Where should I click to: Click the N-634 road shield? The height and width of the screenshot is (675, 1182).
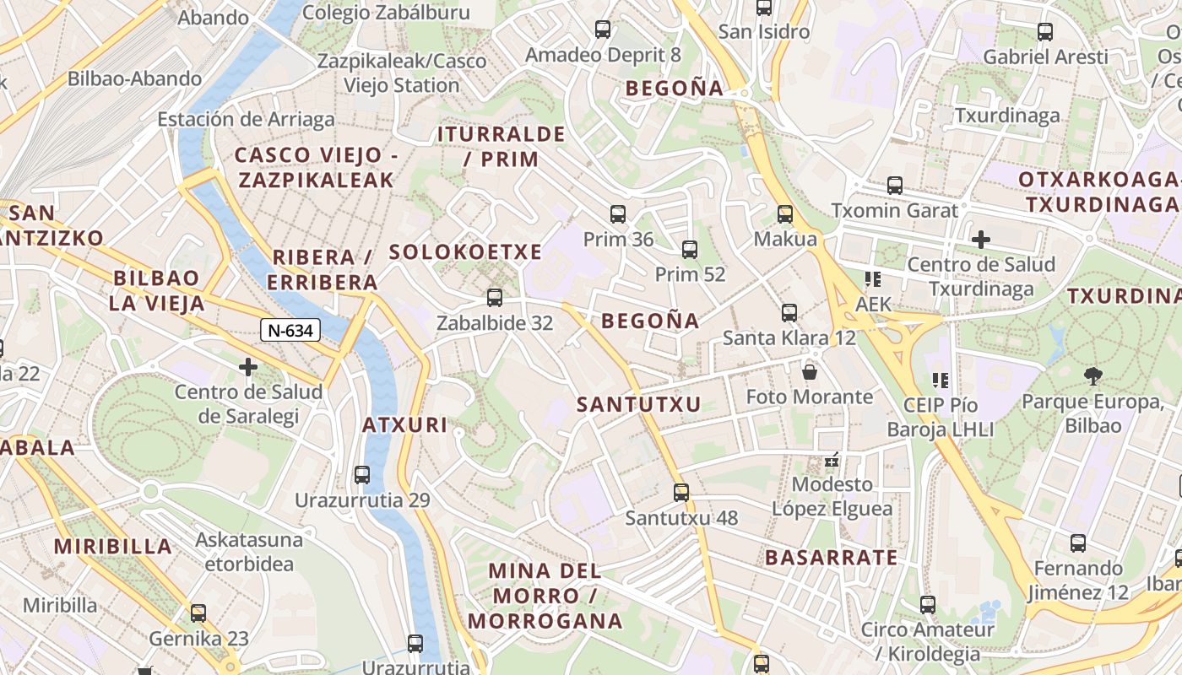pyautogui.click(x=290, y=330)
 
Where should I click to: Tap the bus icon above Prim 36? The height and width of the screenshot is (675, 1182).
pyautogui.click(x=618, y=214)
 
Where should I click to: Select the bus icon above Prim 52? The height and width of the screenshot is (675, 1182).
pyautogui.click(x=690, y=250)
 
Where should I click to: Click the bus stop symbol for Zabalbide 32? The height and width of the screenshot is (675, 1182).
pyautogui.click(x=495, y=298)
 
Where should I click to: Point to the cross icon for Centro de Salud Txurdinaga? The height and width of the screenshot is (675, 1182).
pyautogui.click(x=980, y=240)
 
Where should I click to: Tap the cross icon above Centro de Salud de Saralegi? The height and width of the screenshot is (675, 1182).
pyautogui.click(x=248, y=367)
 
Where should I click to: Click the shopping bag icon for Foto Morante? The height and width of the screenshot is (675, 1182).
pyautogui.click(x=810, y=371)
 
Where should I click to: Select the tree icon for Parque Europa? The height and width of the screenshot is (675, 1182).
pyautogui.click(x=1093, y=375)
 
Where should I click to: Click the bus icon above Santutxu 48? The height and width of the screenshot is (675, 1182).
pyautogui.click(x=681, y=493)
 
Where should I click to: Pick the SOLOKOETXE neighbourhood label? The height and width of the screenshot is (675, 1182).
pyautogui.click(x=465, y=251)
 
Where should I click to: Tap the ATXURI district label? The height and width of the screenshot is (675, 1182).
pyautogui.click(x=405, y=424)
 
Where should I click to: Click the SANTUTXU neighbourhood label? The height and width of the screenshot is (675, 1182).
pyautogui.click(x=639, y=405)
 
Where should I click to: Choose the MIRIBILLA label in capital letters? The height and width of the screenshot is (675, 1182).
pyautogui.click(x=113, y=546)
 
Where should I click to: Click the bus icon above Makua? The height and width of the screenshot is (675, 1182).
pyautogui.click(x=785, y=214)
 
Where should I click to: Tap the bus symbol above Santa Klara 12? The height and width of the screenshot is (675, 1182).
pyautogui.click(x=789, y=313)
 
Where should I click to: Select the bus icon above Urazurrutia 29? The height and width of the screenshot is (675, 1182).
pyautogui.click(x=362, y=475)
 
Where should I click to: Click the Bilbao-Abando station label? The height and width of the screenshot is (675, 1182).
pyautogui.click(x=135, y=78)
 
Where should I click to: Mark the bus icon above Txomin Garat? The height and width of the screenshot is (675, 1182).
pyautogui.click(x=895, y=186)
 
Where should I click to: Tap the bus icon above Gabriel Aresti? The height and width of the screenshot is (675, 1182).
pyautogui.click(x=1045, y=32)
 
